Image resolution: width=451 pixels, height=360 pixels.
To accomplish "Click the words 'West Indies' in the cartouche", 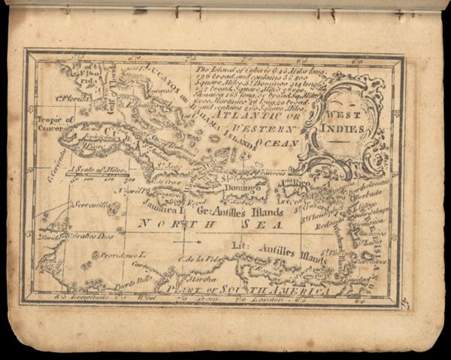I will pyautogui.click(x=347, y=123).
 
